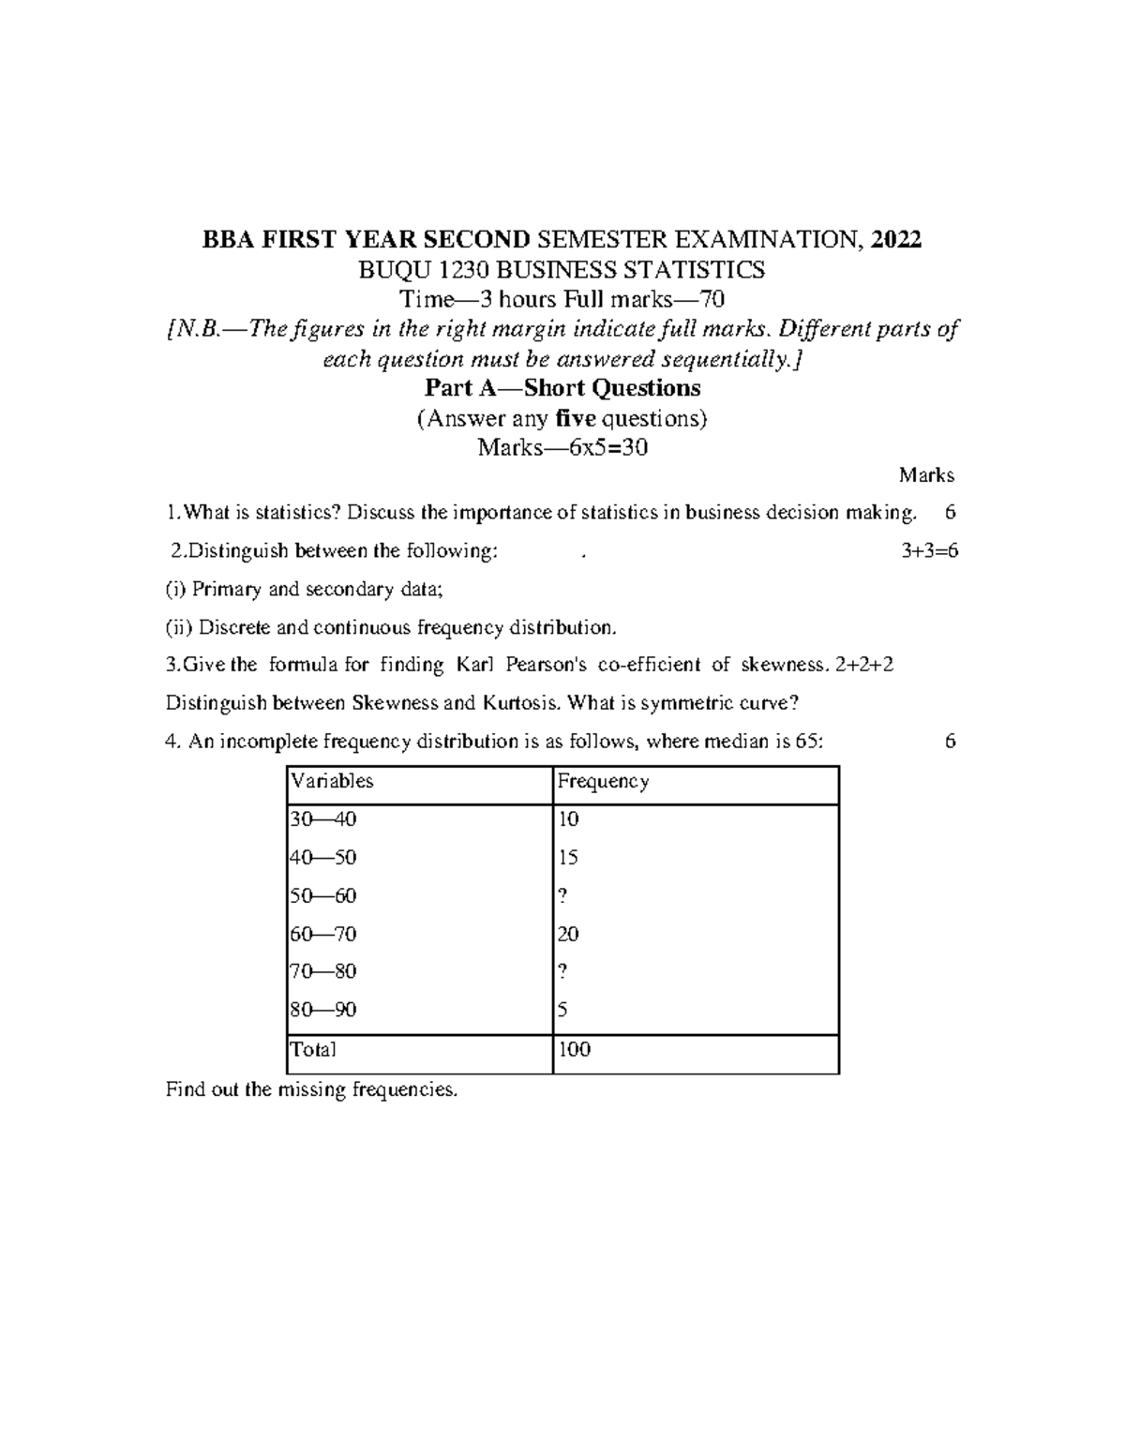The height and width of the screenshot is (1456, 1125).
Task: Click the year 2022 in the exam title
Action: [895, 241]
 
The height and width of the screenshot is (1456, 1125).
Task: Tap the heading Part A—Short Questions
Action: [562, 388]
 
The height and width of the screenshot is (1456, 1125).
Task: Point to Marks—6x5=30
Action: [562, 448]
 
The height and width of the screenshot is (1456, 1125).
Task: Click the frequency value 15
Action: [568, 858]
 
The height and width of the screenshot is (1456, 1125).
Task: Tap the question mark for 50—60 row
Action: [562, 896]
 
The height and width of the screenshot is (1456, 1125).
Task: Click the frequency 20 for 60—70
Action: [568, 935]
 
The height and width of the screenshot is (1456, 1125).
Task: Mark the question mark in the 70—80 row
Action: [562, 972]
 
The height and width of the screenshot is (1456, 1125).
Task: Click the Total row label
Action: [313, 1049]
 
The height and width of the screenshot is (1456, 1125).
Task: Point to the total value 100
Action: [574, 1049]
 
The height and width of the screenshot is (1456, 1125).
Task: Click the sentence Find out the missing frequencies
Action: [312, 1089]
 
